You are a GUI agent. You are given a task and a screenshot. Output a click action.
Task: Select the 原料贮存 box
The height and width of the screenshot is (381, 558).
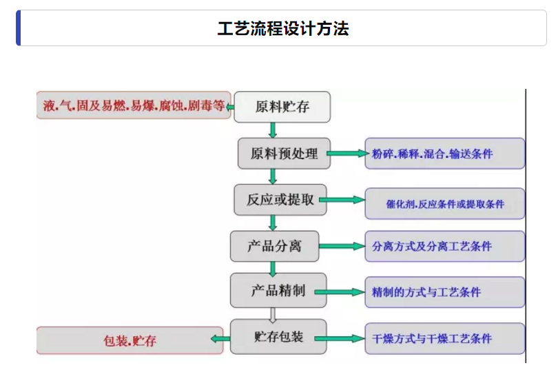tap(282, 107)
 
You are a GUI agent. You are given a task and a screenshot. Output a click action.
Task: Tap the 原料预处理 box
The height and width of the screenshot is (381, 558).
tap(283, 154)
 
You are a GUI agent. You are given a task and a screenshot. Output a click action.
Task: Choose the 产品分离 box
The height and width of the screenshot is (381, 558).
tap(274, 246)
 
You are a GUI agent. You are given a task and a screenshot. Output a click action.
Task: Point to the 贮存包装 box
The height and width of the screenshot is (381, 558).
tap(278, 337)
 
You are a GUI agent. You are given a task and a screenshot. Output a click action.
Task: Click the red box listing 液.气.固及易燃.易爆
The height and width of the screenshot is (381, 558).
tap(133, 105)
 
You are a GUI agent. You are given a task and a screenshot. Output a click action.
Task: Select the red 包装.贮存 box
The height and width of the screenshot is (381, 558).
tap(130, 340)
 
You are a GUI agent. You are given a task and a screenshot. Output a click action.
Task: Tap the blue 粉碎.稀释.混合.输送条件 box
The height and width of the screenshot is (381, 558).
tap(444, 154)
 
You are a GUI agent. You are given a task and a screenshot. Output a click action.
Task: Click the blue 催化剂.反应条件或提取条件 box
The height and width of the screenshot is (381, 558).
tap(444, 204)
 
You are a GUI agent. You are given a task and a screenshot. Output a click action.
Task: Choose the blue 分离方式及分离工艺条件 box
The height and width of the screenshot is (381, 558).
tap(444, 246)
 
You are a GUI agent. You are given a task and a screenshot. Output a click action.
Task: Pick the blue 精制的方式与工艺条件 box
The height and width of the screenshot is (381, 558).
tap(444, 292)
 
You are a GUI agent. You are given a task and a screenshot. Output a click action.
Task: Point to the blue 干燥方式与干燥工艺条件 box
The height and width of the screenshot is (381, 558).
tap(444, 338)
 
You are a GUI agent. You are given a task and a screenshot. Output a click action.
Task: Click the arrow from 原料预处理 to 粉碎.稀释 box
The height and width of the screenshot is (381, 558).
tap(348, 154)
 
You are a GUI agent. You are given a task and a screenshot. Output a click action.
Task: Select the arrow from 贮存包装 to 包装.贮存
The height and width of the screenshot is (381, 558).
tap(220, 338)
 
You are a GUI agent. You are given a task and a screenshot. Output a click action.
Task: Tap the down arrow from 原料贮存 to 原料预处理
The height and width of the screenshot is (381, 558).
tap(273, 130)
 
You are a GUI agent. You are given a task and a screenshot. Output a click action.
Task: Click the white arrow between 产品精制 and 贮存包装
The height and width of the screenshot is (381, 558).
tap(273, 314)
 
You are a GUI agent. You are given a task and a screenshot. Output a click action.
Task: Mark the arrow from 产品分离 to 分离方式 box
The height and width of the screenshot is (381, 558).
tap(342, 246)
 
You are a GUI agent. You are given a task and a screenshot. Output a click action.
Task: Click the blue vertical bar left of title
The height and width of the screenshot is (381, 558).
tap(19, 28)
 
